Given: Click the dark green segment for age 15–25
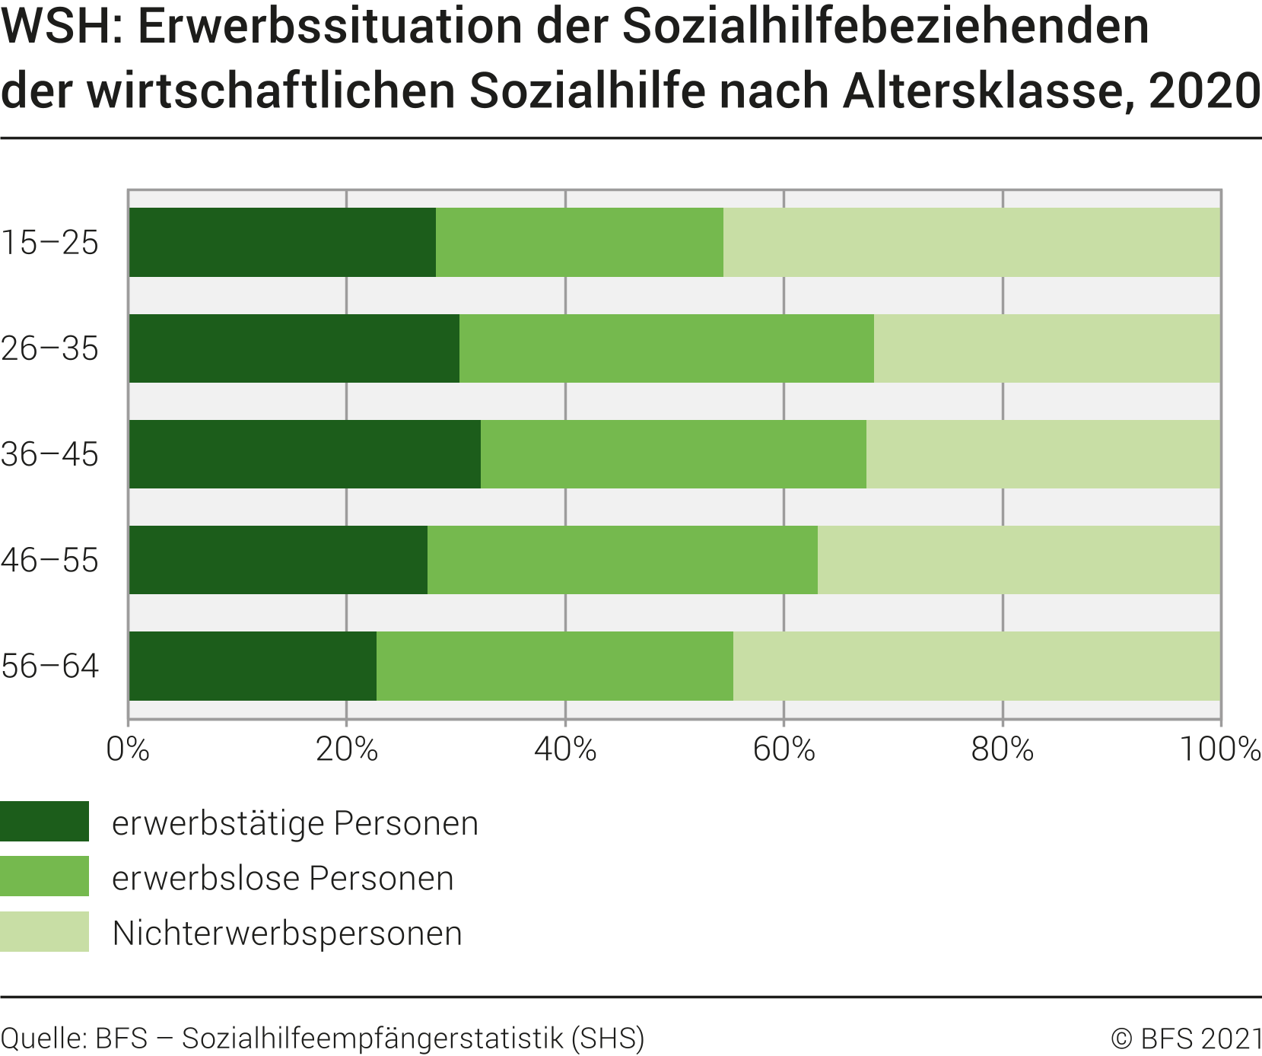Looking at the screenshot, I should pos(282,242).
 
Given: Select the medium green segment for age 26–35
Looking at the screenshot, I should pos(666,348).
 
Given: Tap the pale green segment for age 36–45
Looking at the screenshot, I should pos(1043,454).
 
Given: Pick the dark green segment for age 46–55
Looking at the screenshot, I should pos(278,560).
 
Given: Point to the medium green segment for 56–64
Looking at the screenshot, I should pos(555,666).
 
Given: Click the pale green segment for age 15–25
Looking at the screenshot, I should pos(971,242).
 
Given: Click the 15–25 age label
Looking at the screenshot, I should pos(50,243).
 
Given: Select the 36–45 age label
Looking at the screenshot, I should pos(50,454).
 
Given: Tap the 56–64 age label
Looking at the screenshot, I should pos(50,666).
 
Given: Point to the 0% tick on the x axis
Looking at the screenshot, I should pos(128,749).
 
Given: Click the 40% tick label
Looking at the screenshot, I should pos(565,749).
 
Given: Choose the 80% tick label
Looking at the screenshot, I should pos(1003,749).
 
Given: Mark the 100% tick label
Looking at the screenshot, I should pos(1220,749).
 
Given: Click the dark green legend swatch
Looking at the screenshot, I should pos(44,822).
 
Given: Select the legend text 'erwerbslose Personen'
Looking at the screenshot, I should pos(283,878).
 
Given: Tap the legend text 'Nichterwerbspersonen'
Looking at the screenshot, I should pos(288,934).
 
